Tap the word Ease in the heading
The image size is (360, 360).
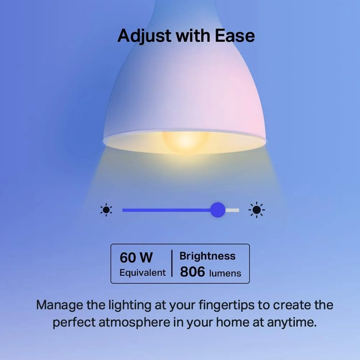click(x=235, y=36)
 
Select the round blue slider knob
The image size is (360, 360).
click(x=217, y=210)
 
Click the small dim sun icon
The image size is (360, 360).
click(x=106, y=210)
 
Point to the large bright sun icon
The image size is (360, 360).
click(x=256, y=210)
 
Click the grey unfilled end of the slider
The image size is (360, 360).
click(x=233, y=210)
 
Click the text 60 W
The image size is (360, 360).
click(x=136, y=258)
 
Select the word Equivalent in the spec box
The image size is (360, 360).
click(x=143, y=273)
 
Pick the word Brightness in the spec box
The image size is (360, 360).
click(x=207, y=256)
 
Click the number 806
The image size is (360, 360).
click(x=192, y=272)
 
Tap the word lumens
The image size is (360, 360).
click(x=225, y=273)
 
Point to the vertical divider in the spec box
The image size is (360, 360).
click(x=172, y=264)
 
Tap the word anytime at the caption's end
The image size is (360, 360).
click(x=292, y=322)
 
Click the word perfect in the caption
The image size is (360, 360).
click(x=73, y=322)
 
